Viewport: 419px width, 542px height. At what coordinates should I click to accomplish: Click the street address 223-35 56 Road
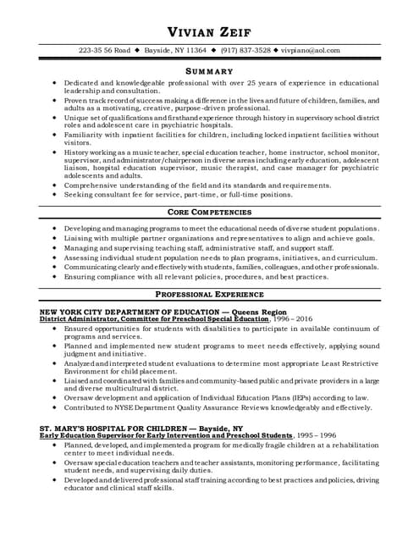click(104, 51)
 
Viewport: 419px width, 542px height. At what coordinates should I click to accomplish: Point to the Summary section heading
click(208, 71)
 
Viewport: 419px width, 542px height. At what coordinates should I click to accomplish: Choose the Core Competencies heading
click(208, 212)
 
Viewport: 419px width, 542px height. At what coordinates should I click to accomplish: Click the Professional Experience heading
click(208, 295)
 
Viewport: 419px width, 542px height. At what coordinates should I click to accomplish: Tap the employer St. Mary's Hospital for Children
click(110, 429)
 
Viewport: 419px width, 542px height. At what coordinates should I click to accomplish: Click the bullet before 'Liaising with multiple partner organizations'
click(55, 241)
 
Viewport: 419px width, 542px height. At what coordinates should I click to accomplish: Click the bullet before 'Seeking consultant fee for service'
click(55, 194)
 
